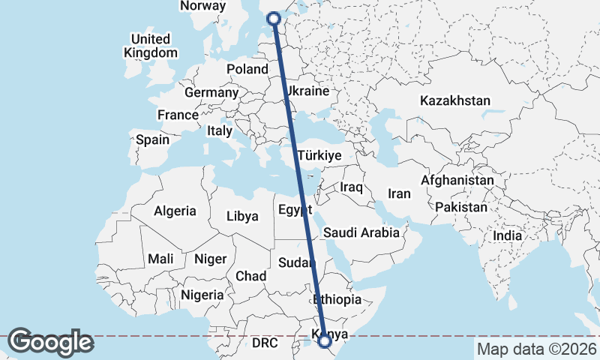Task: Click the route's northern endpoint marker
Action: (274, 19)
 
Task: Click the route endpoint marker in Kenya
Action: (325, 341)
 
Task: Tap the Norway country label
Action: (202, 6)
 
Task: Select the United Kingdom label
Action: (151, 46)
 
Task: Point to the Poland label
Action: (247, 69)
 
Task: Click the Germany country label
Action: (211, 93)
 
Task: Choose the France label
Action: (178, 115)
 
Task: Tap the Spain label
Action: (152, 139)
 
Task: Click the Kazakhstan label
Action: (455, 100)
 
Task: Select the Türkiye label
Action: (319, 155)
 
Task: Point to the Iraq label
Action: (352, 187)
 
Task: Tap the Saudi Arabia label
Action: (361, 232)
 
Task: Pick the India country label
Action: (507, 235)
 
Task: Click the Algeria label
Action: (175, 211)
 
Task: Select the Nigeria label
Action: (202, 295)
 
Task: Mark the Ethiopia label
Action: (337, 299)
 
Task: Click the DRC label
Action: (265, 343)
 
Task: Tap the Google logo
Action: (51, 342)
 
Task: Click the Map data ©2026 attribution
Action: (536, 349)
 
